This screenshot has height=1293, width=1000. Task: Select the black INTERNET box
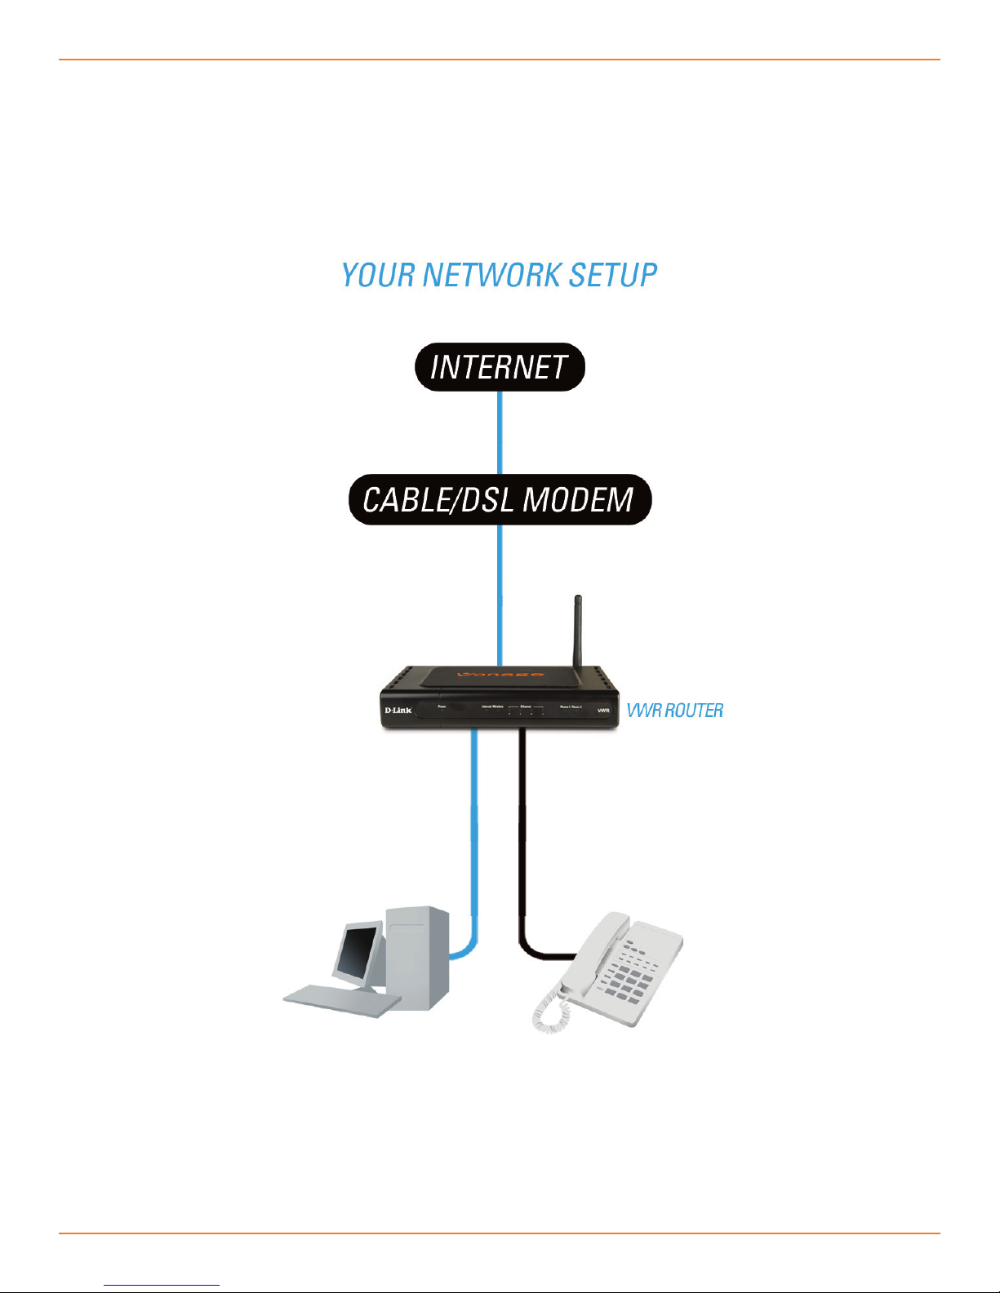[500, 367]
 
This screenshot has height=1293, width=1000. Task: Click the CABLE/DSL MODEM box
[500, 499]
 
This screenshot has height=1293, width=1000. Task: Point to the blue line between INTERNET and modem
[500, 432]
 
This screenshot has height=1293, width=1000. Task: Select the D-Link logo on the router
[398, 711]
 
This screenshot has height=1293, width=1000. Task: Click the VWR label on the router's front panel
[603, 711]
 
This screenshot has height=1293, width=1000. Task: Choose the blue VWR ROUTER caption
[674, 711]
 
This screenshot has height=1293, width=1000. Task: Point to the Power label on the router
[442, 706]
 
